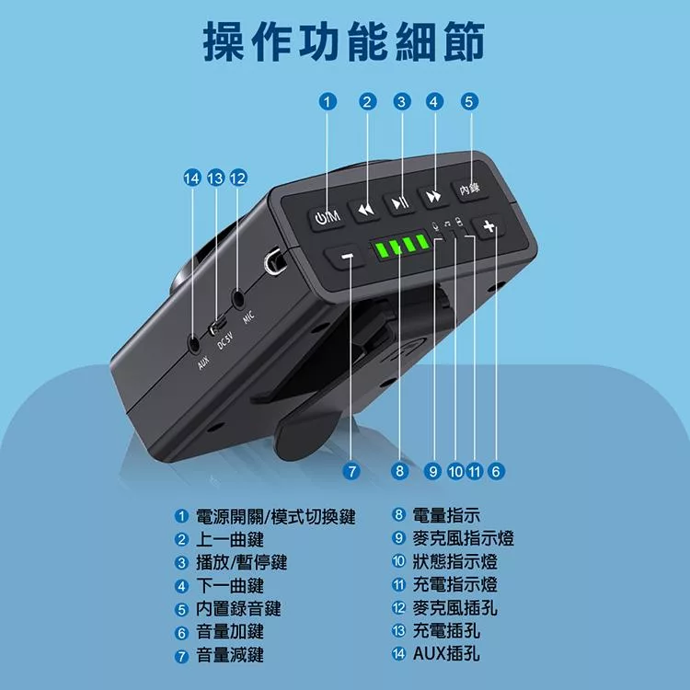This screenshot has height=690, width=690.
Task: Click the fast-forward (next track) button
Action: click(432, 196)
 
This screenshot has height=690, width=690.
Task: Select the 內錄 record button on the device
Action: click(469, 189)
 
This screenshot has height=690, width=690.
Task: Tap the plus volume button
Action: click(489, 226)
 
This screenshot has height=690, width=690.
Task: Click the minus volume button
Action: click(347, 257)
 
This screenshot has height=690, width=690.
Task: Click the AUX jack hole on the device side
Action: click(195, 344)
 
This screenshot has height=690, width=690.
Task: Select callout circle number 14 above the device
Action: click(192, 178)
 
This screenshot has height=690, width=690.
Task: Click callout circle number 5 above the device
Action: click(468, 102)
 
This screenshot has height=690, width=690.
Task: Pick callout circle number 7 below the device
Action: click(350, 471)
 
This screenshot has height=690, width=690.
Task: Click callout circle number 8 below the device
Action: click(399, 471)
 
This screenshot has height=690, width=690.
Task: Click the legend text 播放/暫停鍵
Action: click(236, 562)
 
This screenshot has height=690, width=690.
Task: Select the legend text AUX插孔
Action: click(446, 654)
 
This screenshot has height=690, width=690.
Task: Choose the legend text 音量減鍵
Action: click(230, 655)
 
